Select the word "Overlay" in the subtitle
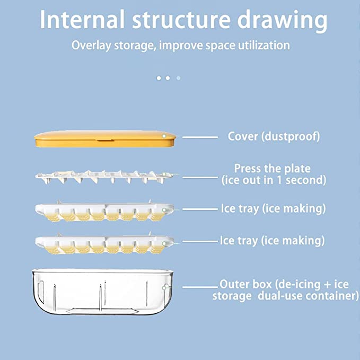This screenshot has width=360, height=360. point(92,45)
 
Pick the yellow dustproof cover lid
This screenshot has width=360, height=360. point(106,139)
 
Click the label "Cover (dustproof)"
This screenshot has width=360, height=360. point(274,137)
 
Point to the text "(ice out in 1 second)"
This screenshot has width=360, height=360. point(274,180)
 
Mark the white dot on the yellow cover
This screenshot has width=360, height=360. point(164,136)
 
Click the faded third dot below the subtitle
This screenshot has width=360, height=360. point(178,78)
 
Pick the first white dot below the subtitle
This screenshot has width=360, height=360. point(159,78)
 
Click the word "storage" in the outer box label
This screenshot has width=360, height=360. point(232,296)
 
